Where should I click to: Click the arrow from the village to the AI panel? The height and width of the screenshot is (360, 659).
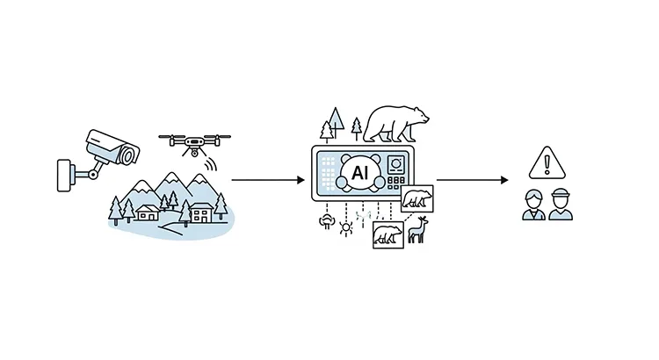tap(267, 180)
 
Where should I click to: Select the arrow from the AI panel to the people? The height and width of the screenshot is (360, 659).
tap(472, 180)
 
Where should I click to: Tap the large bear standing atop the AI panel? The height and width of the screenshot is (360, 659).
tap(396, 123)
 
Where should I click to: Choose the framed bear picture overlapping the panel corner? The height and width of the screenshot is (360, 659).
tap(416, 198)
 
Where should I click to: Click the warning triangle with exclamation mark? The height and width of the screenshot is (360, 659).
tap(546, 163)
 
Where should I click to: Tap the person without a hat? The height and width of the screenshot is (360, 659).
tap(533, 204)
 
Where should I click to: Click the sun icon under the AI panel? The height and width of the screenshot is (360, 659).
tap(345, 225)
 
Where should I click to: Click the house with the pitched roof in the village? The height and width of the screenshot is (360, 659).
tap(148, 212)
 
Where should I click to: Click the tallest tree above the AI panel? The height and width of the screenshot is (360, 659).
tap(332, 124)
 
